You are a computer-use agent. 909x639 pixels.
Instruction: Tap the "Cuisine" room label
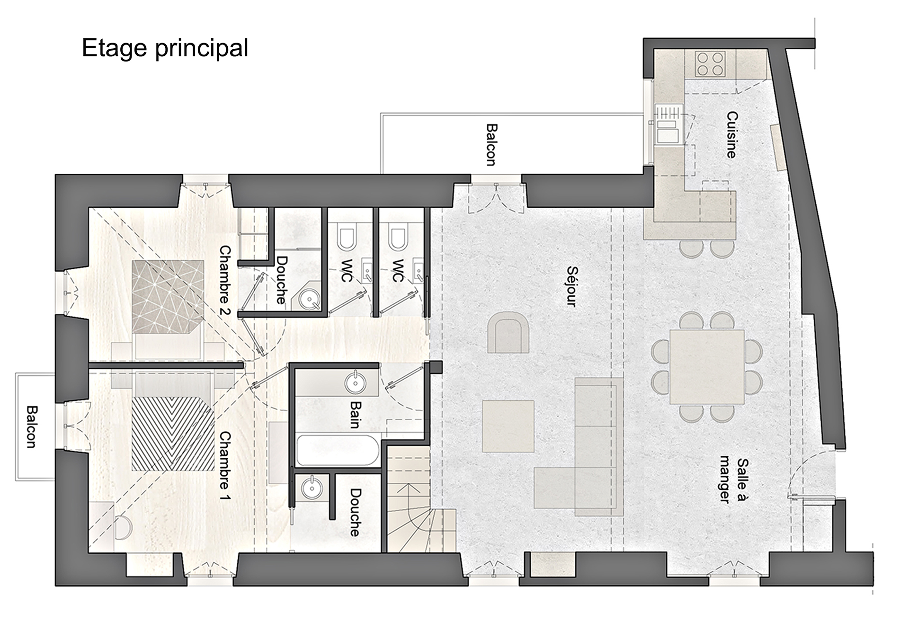(x=732, y=134)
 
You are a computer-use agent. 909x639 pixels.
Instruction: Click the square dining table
(x=707, y=367)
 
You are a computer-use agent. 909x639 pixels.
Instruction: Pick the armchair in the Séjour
(x=509, y=332)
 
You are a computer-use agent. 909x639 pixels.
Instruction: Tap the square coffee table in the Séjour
(x=508, y=426)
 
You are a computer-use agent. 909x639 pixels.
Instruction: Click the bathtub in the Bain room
(x=337, y=451)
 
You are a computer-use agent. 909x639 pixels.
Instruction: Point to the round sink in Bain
(x=355, y=382)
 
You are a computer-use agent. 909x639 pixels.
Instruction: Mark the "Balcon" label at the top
(x=491, y=145)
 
